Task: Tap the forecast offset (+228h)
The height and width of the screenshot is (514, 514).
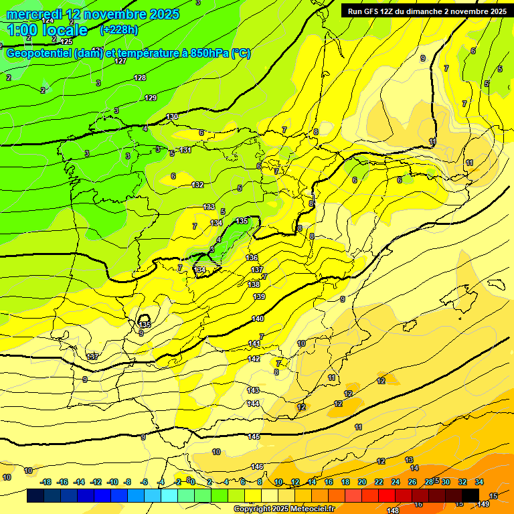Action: [119, 29]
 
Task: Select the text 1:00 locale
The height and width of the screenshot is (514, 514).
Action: [48, 30]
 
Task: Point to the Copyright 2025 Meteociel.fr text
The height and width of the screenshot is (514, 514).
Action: [284, 509]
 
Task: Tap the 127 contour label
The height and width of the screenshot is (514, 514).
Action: [120, 61]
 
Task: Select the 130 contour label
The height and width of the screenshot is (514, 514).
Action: [172, 116]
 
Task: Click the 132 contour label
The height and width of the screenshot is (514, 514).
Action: [197, 185]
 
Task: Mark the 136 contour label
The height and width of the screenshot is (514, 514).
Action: [252, 258]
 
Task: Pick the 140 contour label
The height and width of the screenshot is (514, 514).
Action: [258, 319]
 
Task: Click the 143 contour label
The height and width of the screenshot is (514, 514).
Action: [253, 390]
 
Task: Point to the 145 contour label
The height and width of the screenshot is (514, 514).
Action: [254, 436]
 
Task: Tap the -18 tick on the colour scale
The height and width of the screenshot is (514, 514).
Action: [46, 482]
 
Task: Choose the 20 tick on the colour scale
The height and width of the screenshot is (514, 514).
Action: [362, 482]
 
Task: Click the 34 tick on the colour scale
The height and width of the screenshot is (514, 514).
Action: [479, 482]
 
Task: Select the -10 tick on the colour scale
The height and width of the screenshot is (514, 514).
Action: [112, 482]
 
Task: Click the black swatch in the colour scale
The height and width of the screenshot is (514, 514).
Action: [470, 495]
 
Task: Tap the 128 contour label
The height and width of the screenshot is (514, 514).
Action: [140, 78]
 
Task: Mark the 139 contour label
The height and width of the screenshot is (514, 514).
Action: [259, 296]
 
